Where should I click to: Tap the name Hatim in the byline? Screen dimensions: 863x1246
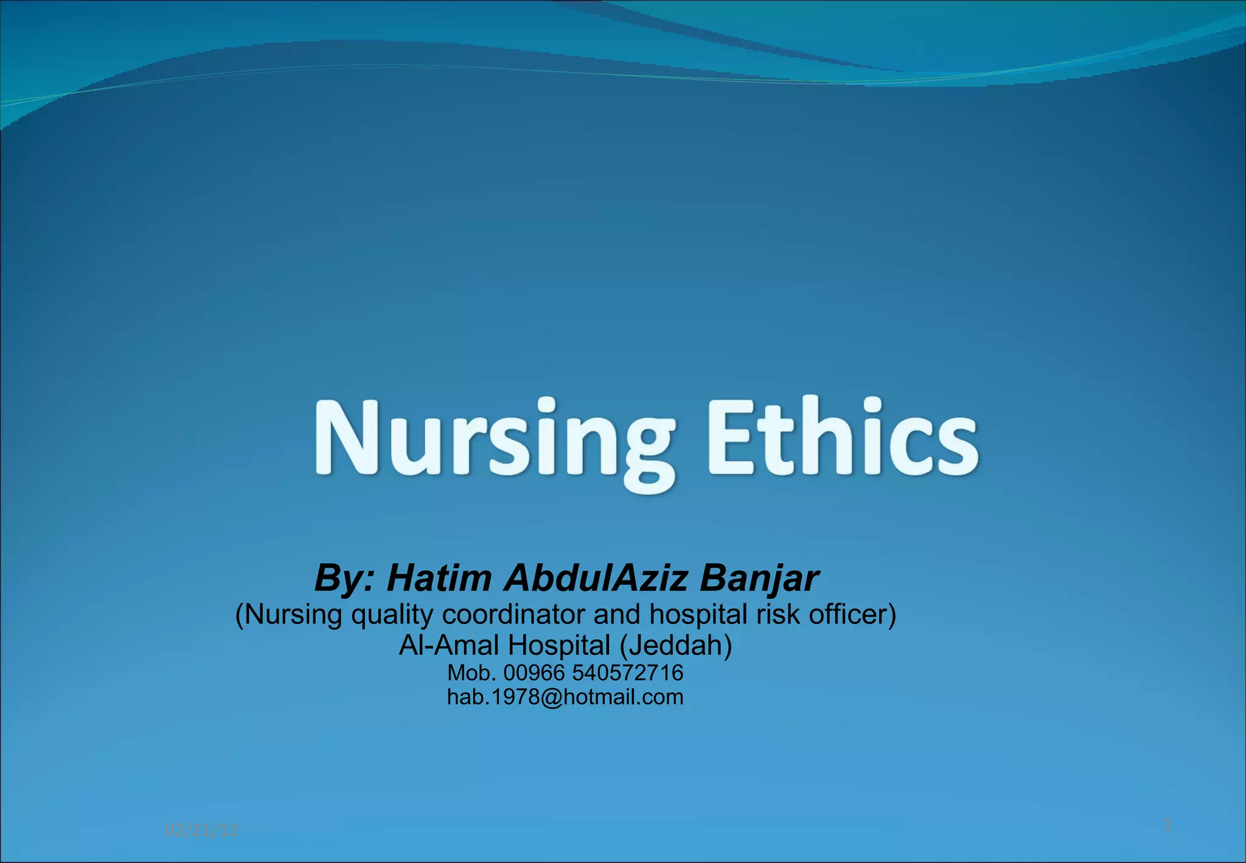[439, 578]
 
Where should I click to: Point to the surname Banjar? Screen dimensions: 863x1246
[759, 579]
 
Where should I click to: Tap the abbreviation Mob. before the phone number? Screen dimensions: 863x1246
[472, 673]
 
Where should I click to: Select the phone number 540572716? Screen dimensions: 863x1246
[627, 673]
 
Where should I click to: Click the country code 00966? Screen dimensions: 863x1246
[534, 673]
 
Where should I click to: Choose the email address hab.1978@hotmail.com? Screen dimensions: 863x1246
[565, 697]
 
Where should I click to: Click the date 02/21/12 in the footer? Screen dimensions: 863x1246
[201, 830]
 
